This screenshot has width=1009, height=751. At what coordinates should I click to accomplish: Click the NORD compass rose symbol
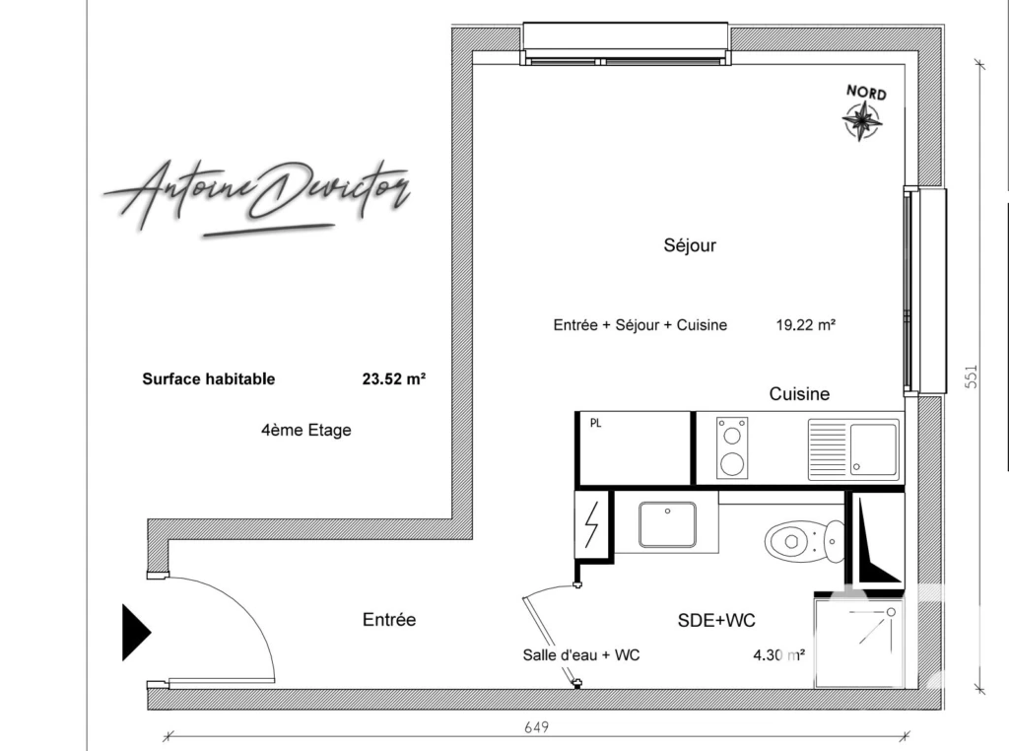pyautogui.click(x=861, y=120)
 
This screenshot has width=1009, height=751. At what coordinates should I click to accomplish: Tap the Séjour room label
pyautogui.click(x=690, y=245)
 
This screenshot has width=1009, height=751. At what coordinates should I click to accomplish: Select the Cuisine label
pyautogui.click(x=799, y=394)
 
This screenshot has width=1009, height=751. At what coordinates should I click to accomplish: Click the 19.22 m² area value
pyautogui.click(x=806, y=325)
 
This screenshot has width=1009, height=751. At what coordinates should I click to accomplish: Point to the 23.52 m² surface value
pyautogui.click(x=394, y=379)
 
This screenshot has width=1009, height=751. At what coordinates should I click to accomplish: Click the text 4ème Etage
pyautogui.click(x=306, y=430)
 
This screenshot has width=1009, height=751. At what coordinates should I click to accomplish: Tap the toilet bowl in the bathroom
pyautogui.click(x=804, y=541)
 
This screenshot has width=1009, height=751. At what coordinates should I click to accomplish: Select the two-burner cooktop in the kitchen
pyautogui.click(x=732, y=447)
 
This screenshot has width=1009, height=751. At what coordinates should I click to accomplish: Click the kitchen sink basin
pyautogui.click(x=873, y=449)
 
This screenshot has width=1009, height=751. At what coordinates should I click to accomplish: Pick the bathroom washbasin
pyautogui.click(x=667, y=524)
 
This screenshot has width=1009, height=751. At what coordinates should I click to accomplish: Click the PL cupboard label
pyautogui.click(x=596, y=424)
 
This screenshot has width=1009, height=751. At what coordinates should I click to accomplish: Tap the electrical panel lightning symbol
pyautogui.click(x=591, y=524)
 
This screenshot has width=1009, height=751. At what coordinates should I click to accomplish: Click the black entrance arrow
pyautogui.click(x=136, y=633)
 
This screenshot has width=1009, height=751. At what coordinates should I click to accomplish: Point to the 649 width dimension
pyautogui.click(x=537, y=727)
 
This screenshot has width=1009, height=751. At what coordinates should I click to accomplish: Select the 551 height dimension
pyautogui.click(x=971, y=376)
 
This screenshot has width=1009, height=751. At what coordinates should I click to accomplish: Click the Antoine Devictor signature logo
pyautogui.click(x=257, y=197)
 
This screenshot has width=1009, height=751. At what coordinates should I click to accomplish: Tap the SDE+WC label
pyautogui.click(x=716, y=620)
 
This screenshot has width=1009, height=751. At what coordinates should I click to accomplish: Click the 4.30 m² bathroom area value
pyautogui.click(x=779, y=655)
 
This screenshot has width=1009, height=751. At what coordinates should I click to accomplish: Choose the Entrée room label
pyautogui.click(x=389, y=620)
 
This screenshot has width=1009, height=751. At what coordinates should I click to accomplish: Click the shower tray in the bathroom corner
pyautogui.click(x=858, y=643)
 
